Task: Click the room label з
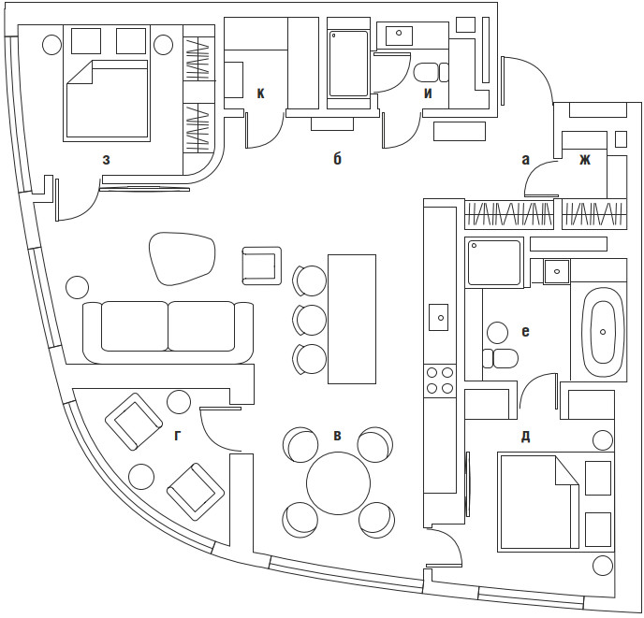click(107, 160)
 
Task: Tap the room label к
click(261, 93)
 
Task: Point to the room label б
click(337, 160)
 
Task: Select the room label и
click(428, 93)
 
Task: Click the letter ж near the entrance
click(585, 160)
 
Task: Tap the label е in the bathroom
click(525, 331)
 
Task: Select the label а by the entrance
click(526, 160)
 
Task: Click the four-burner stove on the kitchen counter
click(439, 380)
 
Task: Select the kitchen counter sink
click(439, 318)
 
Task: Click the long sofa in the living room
click(168, 329)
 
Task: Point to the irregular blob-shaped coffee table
click(183, 257)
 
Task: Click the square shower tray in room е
click(492, 263)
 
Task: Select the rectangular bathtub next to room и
click(350, 62)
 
